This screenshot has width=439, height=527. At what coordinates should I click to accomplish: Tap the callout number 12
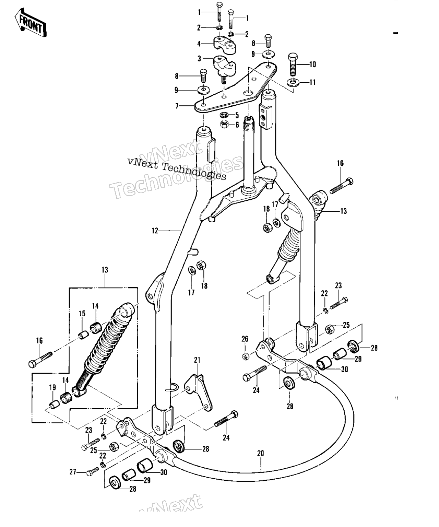(155, 231)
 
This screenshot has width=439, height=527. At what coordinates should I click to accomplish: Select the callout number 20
(261, 454)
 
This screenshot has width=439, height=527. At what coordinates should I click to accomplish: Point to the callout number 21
(197, 360)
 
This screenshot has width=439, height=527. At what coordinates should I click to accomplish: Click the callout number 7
(177, 106)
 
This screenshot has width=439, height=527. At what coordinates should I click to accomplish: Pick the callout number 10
(312, 65)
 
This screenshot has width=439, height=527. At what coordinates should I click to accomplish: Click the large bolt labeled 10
(293, 64)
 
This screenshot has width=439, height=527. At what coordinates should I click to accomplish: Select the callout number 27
(73, 472)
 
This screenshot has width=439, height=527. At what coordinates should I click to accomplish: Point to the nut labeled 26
(245, 356)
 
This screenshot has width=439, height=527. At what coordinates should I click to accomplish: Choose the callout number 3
(199, 59)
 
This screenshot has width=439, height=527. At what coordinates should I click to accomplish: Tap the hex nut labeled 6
(224, 124)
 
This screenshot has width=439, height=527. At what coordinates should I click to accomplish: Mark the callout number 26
(245, 339)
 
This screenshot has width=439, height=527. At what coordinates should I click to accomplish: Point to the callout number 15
(82, 314)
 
